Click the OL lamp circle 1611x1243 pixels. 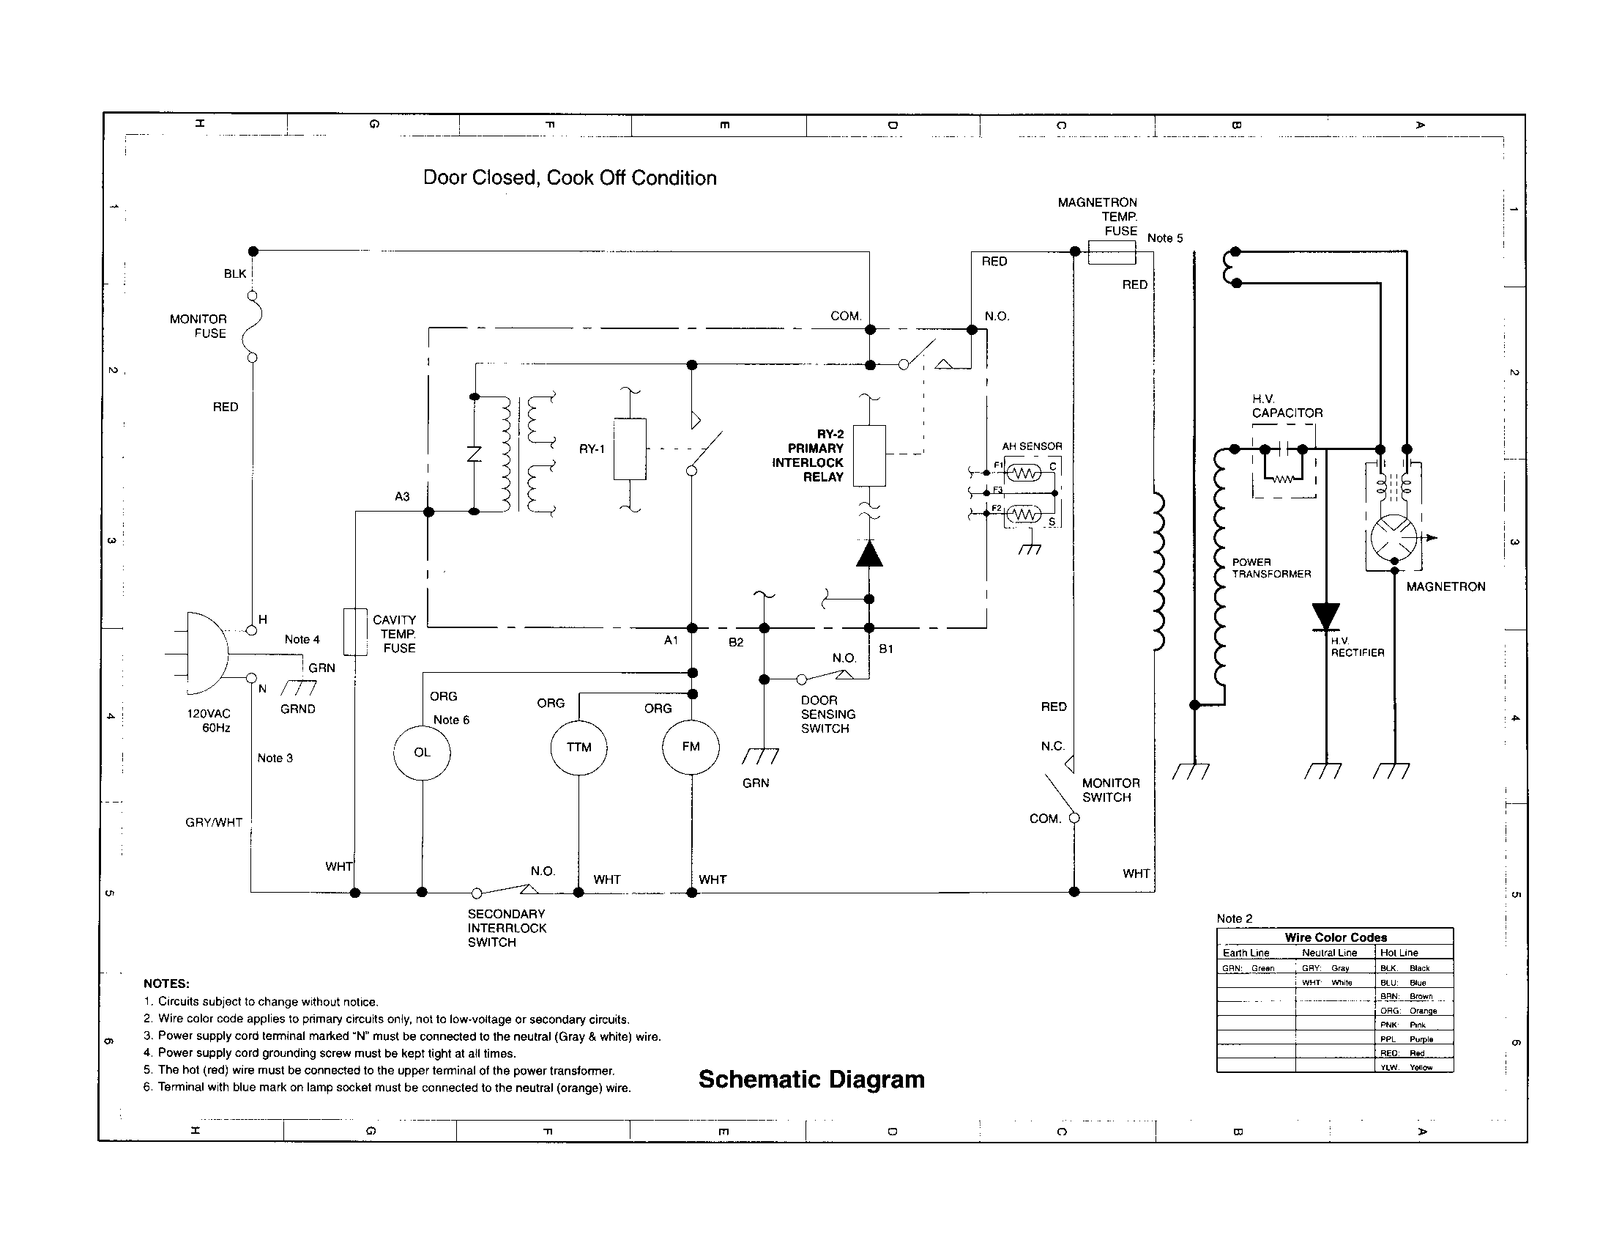pos(422,752)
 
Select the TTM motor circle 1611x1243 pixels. pos(579,747)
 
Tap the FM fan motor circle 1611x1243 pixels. pos(691,746)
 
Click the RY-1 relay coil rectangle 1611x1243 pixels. pos(630,449)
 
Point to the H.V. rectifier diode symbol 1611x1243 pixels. pos(1325,617)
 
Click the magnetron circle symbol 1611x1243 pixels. pos(1394,538)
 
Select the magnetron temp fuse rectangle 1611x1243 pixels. pos(1112,252)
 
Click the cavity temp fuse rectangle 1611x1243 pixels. pos(356,632)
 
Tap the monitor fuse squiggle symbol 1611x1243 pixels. pos(253,326)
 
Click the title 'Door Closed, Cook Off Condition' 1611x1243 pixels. pos(570,178)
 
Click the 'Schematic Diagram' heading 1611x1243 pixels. pos(811,1079)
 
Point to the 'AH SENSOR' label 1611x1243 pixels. pos(1031,446)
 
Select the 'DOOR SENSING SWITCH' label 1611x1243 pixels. pos(827,714)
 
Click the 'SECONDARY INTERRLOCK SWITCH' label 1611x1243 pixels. pos(507,928)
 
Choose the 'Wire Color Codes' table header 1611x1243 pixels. pos(1335,937)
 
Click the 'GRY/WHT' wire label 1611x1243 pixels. pos(214,822)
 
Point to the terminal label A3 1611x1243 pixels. pos(402,497)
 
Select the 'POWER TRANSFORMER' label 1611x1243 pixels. pos(1271,567)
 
